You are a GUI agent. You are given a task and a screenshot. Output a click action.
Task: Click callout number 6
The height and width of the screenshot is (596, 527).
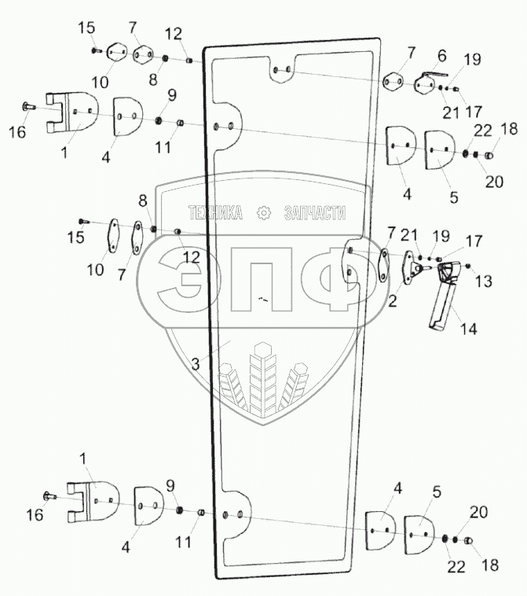tap(441, 56)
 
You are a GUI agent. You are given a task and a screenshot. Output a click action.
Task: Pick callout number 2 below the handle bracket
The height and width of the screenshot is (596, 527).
tap(393, 300)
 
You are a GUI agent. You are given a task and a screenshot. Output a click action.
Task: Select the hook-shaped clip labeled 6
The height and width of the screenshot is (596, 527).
tap(429, 78)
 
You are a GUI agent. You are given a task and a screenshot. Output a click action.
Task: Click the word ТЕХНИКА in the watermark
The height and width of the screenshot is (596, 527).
tap(215, 212)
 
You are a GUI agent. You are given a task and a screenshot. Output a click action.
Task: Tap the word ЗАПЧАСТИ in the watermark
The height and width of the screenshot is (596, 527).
tap(314, 212)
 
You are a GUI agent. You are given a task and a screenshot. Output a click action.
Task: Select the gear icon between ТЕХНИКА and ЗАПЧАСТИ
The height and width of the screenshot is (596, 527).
tap(265, 212)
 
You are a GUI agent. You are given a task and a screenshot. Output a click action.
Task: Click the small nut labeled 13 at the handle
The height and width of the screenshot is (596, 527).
tap(469, 268)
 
